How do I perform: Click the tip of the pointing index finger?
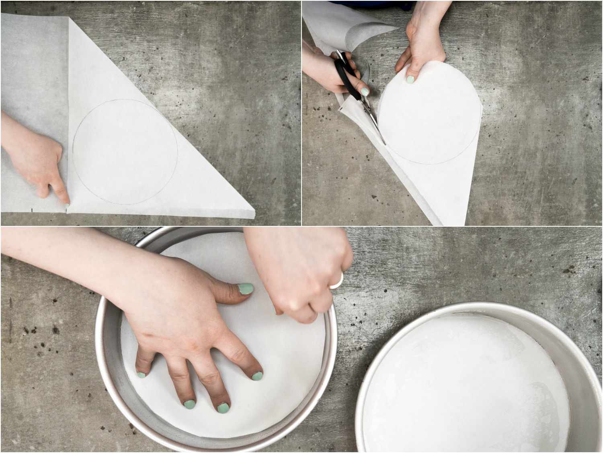pos(67,205)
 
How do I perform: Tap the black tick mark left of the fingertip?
pos(31,210)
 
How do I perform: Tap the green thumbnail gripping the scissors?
pos(364,91)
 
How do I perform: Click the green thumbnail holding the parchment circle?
pos(410,79)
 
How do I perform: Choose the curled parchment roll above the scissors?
pos(362,32)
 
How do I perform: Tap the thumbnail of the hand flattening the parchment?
pos(246,289)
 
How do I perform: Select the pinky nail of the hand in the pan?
pos(141,374)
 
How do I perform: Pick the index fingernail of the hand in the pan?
pos(257,376)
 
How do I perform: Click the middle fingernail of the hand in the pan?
pos(223,407)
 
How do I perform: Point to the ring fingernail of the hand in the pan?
pos(189,403)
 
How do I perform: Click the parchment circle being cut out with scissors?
pos(426,117)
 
